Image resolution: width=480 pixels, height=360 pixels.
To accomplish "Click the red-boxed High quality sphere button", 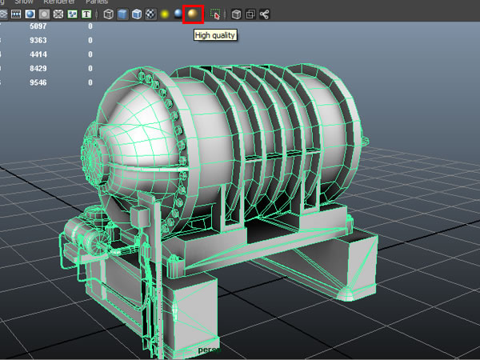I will point(192,14).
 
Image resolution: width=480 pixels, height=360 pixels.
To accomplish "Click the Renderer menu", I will point(59,2).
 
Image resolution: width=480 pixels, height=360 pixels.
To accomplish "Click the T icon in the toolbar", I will point(86,14).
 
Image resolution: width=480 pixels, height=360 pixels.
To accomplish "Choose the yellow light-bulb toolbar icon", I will point(163,14).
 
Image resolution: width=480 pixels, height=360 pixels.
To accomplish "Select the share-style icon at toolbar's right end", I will point(264,14).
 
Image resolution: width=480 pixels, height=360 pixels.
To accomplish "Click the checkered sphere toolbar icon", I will point(150,14).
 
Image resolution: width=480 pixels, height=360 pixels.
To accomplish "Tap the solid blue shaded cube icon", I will point(122,14).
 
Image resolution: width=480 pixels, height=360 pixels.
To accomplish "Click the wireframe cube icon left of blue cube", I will point(108,14).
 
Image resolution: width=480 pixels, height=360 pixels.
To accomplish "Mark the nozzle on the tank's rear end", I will point(367,144).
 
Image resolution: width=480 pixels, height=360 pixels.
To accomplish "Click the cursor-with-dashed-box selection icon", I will point(214,14).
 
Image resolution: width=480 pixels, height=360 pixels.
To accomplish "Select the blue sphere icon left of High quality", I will point(178,14).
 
